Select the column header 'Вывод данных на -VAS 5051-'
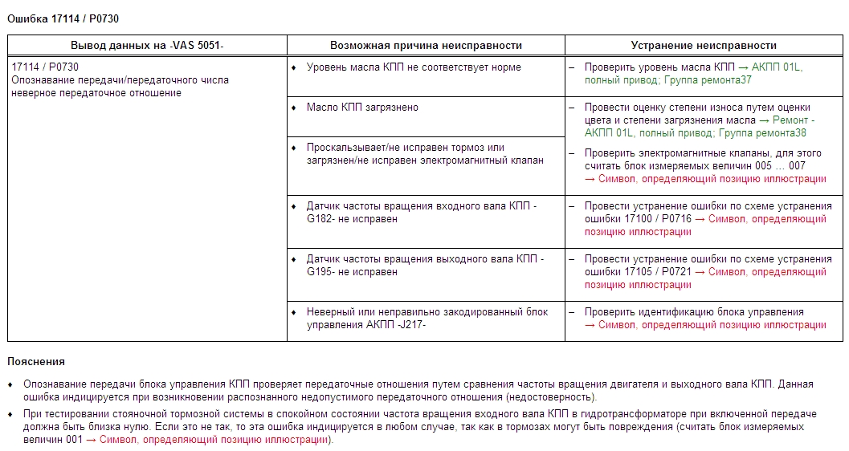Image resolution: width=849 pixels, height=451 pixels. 147,46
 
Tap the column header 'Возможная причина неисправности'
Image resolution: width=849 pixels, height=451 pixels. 426,46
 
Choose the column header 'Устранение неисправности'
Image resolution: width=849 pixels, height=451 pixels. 704,46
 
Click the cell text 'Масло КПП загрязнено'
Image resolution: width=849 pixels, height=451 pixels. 362,108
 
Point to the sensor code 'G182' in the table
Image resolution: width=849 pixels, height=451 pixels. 320,219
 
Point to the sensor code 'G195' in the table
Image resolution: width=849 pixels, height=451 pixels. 320,272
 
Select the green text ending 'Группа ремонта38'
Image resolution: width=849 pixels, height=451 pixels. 762,133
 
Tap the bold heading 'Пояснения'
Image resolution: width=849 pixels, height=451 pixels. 36,362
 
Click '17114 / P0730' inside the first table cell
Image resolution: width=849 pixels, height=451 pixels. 45,67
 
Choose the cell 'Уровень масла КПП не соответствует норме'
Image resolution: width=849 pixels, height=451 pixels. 414,67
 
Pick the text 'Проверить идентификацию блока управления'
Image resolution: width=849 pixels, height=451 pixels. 694,312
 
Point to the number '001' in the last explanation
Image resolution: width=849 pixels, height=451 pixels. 74,440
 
